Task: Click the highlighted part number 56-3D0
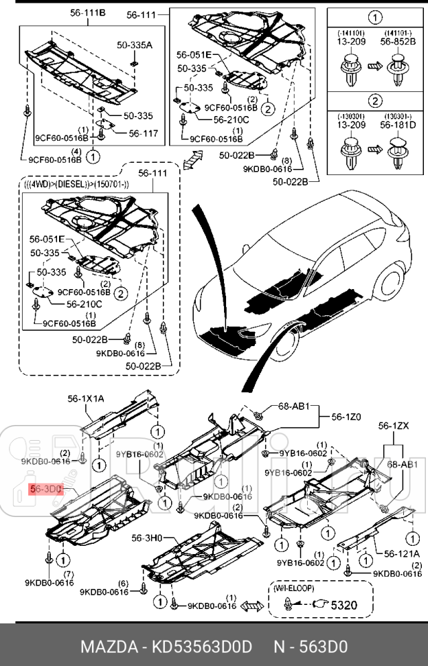pos(46,490)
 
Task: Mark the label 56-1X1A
pos(86,398)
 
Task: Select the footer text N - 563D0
pos(311,646)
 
